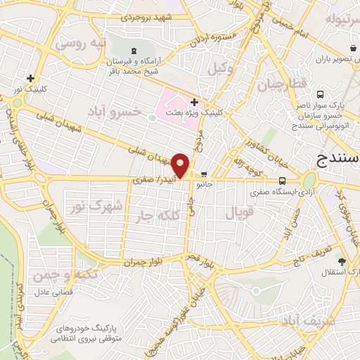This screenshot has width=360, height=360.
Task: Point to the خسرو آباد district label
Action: point(115,110)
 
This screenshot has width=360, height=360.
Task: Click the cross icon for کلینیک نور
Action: point(30,79)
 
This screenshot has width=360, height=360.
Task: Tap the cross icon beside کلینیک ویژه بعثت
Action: point(194,102)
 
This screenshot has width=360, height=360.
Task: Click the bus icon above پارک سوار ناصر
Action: point(321,94)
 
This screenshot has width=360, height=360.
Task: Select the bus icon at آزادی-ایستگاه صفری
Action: point(282,180)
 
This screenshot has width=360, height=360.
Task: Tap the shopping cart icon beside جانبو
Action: point(204,175)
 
